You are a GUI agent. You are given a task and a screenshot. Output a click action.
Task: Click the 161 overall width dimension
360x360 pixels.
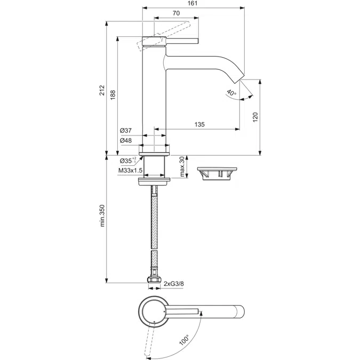click(193, 3)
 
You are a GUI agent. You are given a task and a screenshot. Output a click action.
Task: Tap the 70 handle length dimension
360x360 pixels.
click(176, 13)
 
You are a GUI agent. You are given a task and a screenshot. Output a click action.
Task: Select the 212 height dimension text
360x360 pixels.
click(102, 90)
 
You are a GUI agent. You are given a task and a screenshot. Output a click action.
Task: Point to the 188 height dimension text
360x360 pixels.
click(113, 95)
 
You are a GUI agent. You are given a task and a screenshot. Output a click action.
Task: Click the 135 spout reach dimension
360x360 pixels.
click(199, 124)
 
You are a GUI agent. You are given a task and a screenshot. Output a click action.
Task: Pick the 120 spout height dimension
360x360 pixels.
click(255, 117)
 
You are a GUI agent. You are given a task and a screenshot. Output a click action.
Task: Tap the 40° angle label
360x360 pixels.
click(231, 93)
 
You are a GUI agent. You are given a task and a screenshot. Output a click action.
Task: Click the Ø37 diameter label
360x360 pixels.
click(126, 131)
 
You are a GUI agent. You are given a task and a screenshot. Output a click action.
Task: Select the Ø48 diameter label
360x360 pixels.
click(126, 140)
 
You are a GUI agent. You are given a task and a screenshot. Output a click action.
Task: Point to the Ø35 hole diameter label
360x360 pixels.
click(128, 161)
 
